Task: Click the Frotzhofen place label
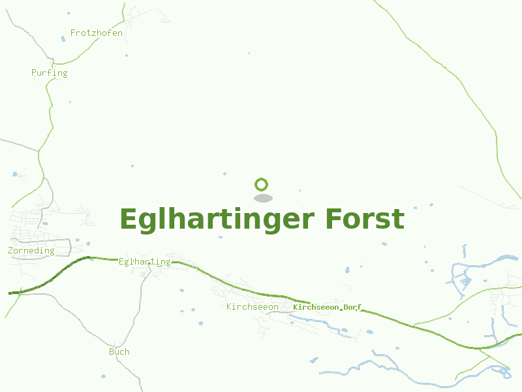[x=97, y=33]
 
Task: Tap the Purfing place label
[x=50, y=73]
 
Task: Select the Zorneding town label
[x=31, y=250]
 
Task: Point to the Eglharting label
[x=144, y=262]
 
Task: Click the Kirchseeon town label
[x=253, y=306]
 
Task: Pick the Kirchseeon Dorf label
[x=327, y=307]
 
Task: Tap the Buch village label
[x=119, y=351]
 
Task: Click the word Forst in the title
[x=365, y=219]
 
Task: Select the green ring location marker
[x=262, y=184]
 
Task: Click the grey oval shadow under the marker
[x=262, y=198]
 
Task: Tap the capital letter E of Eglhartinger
[x=128, y=219]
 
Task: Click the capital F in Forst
[x=334, y=219]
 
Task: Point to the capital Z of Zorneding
[x=10, y=250]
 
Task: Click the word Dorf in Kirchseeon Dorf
[x=352, y=307]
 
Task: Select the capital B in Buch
[x=112, y=351]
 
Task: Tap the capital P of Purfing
[x=34, y=73]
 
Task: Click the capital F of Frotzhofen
[x=73, y=33]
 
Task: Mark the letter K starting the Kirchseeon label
[x=229, y=306]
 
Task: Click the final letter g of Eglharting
[x=168, y=263]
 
